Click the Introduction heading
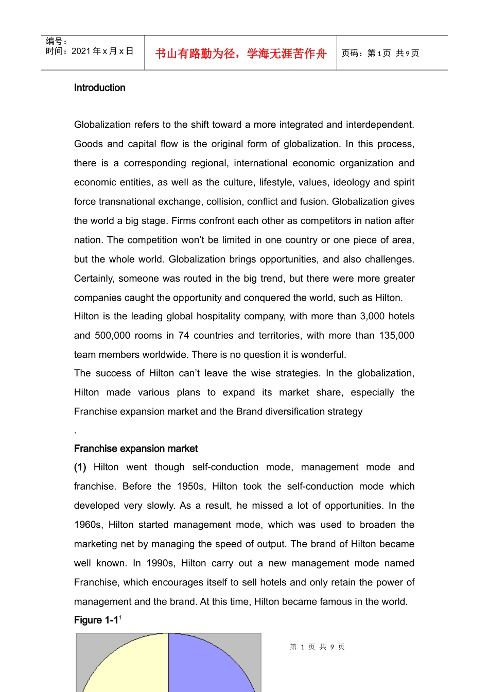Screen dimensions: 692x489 (99, 88)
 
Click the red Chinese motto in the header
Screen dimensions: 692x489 (240, 54)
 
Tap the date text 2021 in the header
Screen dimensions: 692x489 (81, 51)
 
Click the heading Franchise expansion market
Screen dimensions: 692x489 (136, 448)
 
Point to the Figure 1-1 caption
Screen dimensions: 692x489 (96, 620)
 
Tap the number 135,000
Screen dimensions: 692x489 (396, 335)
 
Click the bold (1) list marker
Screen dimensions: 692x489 (80, 467)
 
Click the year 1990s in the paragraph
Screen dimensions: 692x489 (160, 563)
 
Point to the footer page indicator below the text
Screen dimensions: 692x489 (317, 647)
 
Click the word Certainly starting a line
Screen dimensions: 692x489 (94, 279)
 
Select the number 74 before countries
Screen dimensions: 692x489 (184, 335)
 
